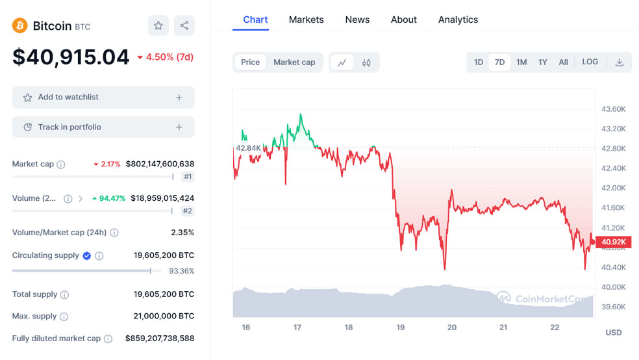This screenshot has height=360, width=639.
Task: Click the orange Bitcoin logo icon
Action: (19, 26)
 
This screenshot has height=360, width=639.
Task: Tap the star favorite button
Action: (158, 26)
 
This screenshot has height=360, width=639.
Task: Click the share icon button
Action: (184, 26)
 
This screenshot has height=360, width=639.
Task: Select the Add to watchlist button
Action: (103, 97)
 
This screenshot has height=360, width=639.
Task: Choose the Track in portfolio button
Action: (103, 127)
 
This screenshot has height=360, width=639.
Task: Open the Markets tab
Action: (306, 19)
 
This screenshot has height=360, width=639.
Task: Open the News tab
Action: (357, 19)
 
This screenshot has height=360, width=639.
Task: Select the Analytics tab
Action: (458, 19)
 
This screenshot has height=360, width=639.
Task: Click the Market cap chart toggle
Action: (294, 62)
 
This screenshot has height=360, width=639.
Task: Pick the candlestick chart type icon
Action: (366, 62)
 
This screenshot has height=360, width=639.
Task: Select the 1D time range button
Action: (479, 62)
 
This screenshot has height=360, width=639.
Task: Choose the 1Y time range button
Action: (543, 62)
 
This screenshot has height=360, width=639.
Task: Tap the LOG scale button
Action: (590, 62)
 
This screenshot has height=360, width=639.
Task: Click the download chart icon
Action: (620, 62)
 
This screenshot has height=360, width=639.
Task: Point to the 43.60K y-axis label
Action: (614, 109)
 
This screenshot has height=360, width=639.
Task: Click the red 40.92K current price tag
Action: (613, 242)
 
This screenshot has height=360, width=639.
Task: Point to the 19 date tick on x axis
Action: (401, 328)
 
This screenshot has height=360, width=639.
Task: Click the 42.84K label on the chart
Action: (248, 148)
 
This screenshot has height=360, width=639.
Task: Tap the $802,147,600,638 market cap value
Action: (160, 164)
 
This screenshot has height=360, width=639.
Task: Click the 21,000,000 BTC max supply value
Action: (164, 316)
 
